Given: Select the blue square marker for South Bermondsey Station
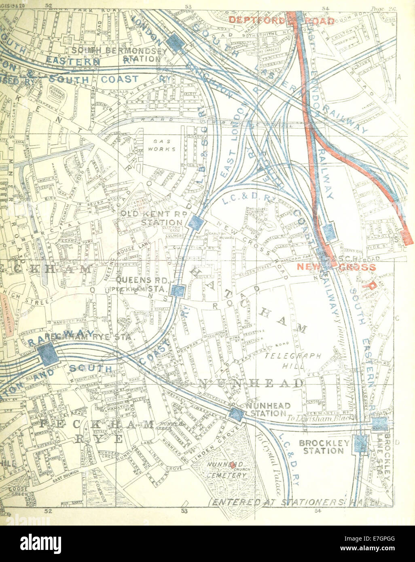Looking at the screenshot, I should (174, 42).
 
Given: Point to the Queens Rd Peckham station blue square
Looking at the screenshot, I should (178, 291).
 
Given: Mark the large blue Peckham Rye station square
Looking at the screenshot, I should (48, 353).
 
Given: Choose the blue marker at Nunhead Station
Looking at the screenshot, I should (236, 414).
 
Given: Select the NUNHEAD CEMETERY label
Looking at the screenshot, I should (227, 471).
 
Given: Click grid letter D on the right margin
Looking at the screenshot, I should (397, 442).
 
